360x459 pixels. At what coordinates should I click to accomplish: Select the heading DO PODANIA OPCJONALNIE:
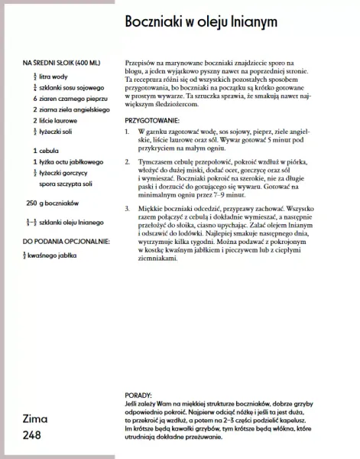(66, 241)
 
